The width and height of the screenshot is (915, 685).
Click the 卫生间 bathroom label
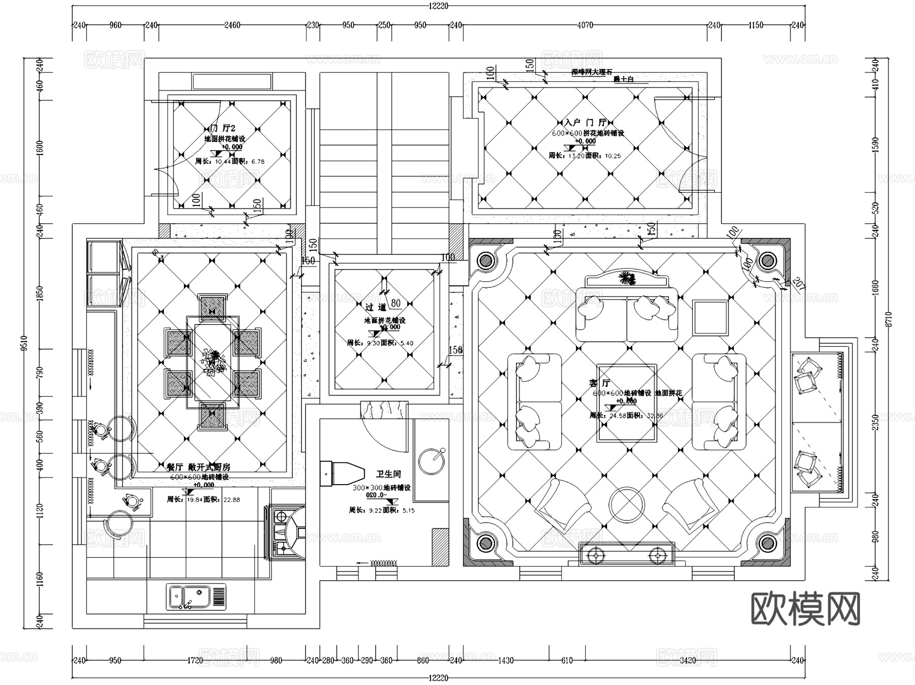(x=388, y=474)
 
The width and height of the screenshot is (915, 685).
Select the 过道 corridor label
(x=376, y=307)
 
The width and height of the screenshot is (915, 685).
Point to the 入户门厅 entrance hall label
(x=585, y=123)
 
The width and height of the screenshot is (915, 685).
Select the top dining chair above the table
(x=212, y=307)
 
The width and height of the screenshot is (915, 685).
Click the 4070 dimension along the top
(x=585, y=25)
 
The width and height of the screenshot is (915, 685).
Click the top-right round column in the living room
(x=767, y=261)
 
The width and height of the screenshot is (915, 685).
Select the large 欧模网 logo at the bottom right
(x=805, y=608)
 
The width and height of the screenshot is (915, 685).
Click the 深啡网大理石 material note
(x=592, y=72)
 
